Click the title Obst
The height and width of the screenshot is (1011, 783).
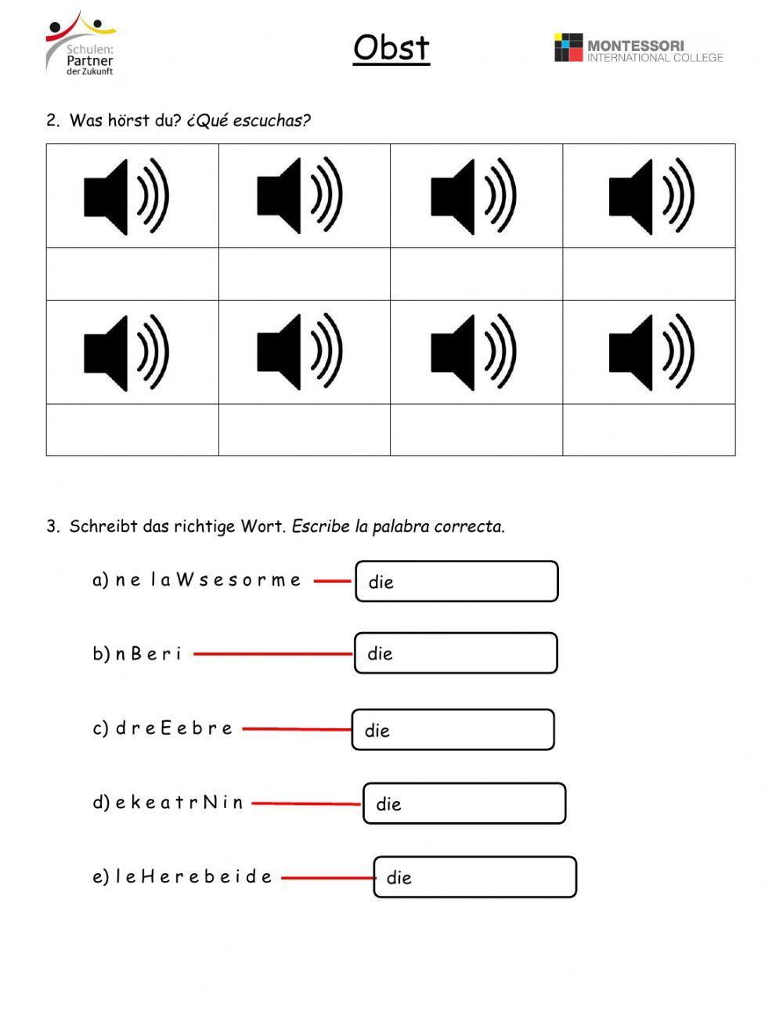click(391, 48)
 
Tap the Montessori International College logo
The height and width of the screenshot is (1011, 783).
click(638, 49)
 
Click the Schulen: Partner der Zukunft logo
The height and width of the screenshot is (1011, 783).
click(81, 44)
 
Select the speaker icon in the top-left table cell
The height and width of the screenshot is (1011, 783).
click(127, 196)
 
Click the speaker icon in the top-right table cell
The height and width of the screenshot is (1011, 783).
click(651, 196)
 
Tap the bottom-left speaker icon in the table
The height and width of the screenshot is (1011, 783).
click(127, 352)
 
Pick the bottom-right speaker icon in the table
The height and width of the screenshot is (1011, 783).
click(651, 352)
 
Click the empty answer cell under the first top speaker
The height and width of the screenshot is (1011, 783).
click(132, 274)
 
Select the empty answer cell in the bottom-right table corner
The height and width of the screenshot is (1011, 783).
click(648, 429)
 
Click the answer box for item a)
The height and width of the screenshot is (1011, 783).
click(456, 581)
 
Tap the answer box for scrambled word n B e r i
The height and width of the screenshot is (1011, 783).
click(456, 653)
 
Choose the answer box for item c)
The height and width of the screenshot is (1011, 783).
click(453, 730)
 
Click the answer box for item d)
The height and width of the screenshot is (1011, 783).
click(464, 803)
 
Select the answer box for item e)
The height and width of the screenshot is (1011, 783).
click(474, 877)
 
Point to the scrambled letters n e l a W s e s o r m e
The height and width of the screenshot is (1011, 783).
click(207, 580)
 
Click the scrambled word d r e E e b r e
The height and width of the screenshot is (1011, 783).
click(174, 728)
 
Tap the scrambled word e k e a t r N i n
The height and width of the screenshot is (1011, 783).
click(179, 803)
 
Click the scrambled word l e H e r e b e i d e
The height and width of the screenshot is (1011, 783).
click(193, 876)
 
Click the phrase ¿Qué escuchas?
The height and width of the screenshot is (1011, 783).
click(249, 121)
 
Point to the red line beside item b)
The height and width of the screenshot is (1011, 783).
click(272, 653)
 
